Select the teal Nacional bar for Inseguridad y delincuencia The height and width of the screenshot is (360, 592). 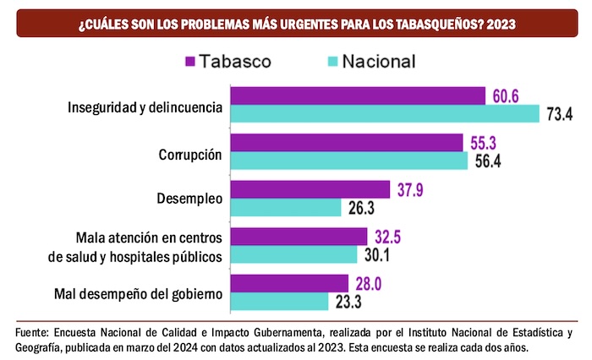point(385,113)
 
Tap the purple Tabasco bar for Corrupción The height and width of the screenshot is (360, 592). point(347,142)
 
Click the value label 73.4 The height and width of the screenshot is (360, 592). point(560,114)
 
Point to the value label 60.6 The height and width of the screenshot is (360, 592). point(505,95)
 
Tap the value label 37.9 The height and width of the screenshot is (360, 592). point(409,189)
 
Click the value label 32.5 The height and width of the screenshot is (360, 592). point(387,237)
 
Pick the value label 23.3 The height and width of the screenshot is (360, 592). point(347,302)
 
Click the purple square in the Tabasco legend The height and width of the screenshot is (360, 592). point(190,61)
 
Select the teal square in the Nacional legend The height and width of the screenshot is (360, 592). point(332,61)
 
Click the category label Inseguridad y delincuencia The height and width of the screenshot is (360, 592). point(145,108)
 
